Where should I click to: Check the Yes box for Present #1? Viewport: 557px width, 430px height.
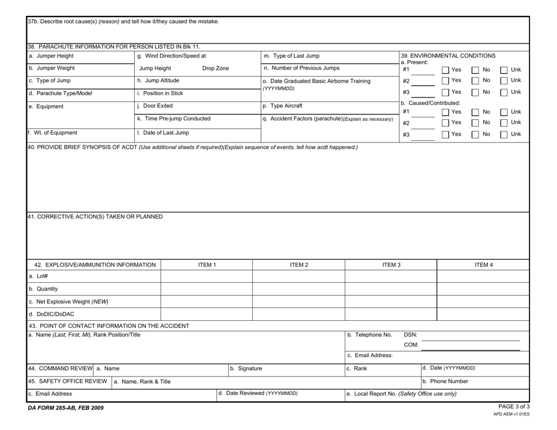444,69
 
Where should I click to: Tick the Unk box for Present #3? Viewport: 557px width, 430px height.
504,92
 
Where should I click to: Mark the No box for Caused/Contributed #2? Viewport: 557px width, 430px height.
475,123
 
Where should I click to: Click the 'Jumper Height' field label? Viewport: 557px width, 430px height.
50,56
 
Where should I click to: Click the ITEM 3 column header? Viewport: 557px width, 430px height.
390,265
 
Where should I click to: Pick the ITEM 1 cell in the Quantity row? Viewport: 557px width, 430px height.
206,289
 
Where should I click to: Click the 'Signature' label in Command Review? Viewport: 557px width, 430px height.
247,368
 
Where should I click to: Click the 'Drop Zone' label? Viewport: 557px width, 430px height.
215,69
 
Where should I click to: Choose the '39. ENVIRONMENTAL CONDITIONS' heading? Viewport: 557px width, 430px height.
448,56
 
